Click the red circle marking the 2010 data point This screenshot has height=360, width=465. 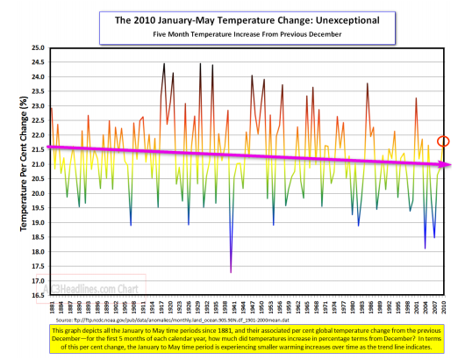click(x=444, y=141)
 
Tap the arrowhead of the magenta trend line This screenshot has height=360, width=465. click(x=447, y=164)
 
